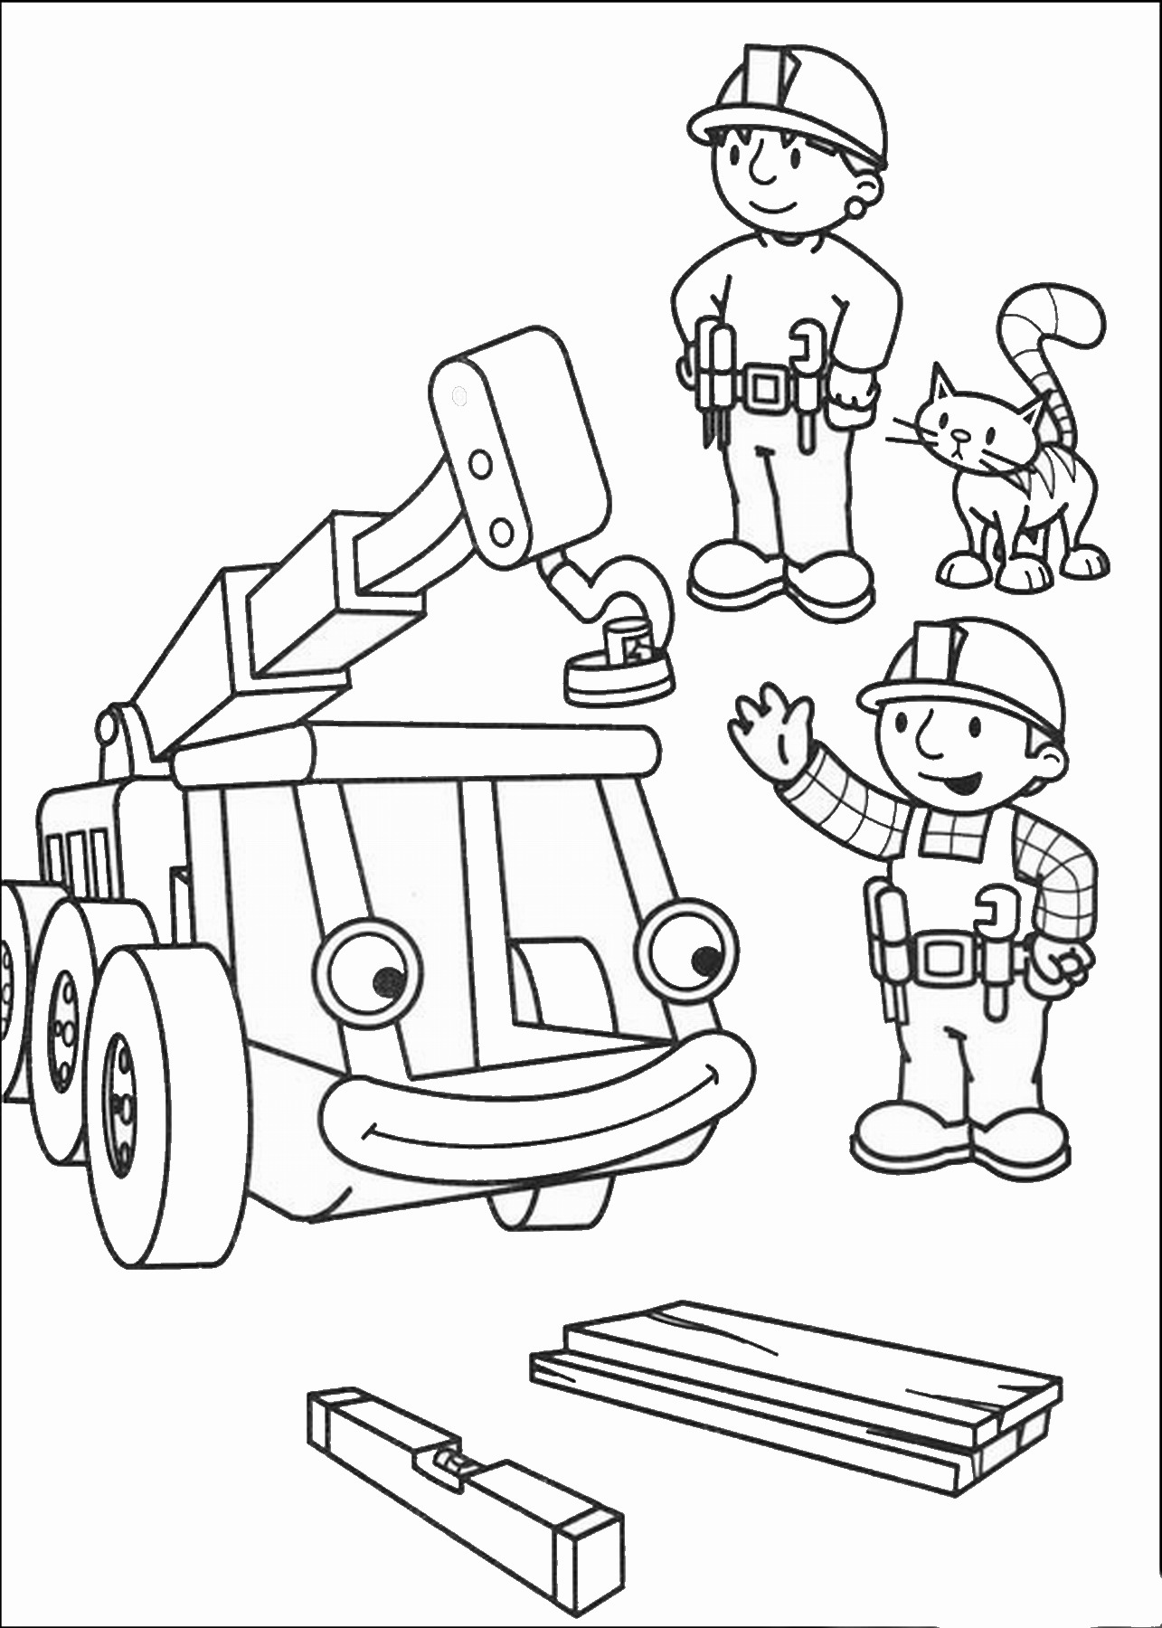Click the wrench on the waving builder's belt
pos(994,941)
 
